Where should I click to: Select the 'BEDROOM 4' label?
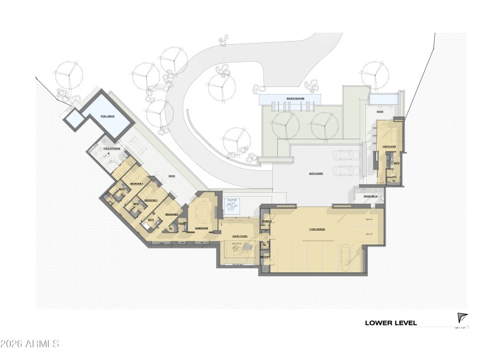tap(137, 183)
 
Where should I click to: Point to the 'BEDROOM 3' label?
tap(151, 200)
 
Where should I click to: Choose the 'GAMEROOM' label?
tap(202, 229)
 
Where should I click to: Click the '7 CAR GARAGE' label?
tap(316, 229)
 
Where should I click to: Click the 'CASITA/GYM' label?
tap(389, 147)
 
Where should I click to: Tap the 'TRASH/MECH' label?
tap(370, 197)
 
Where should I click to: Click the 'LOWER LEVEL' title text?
tap(391, 323)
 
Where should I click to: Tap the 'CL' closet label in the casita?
tap(392, 180)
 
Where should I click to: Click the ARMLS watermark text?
tap(30, 344)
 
